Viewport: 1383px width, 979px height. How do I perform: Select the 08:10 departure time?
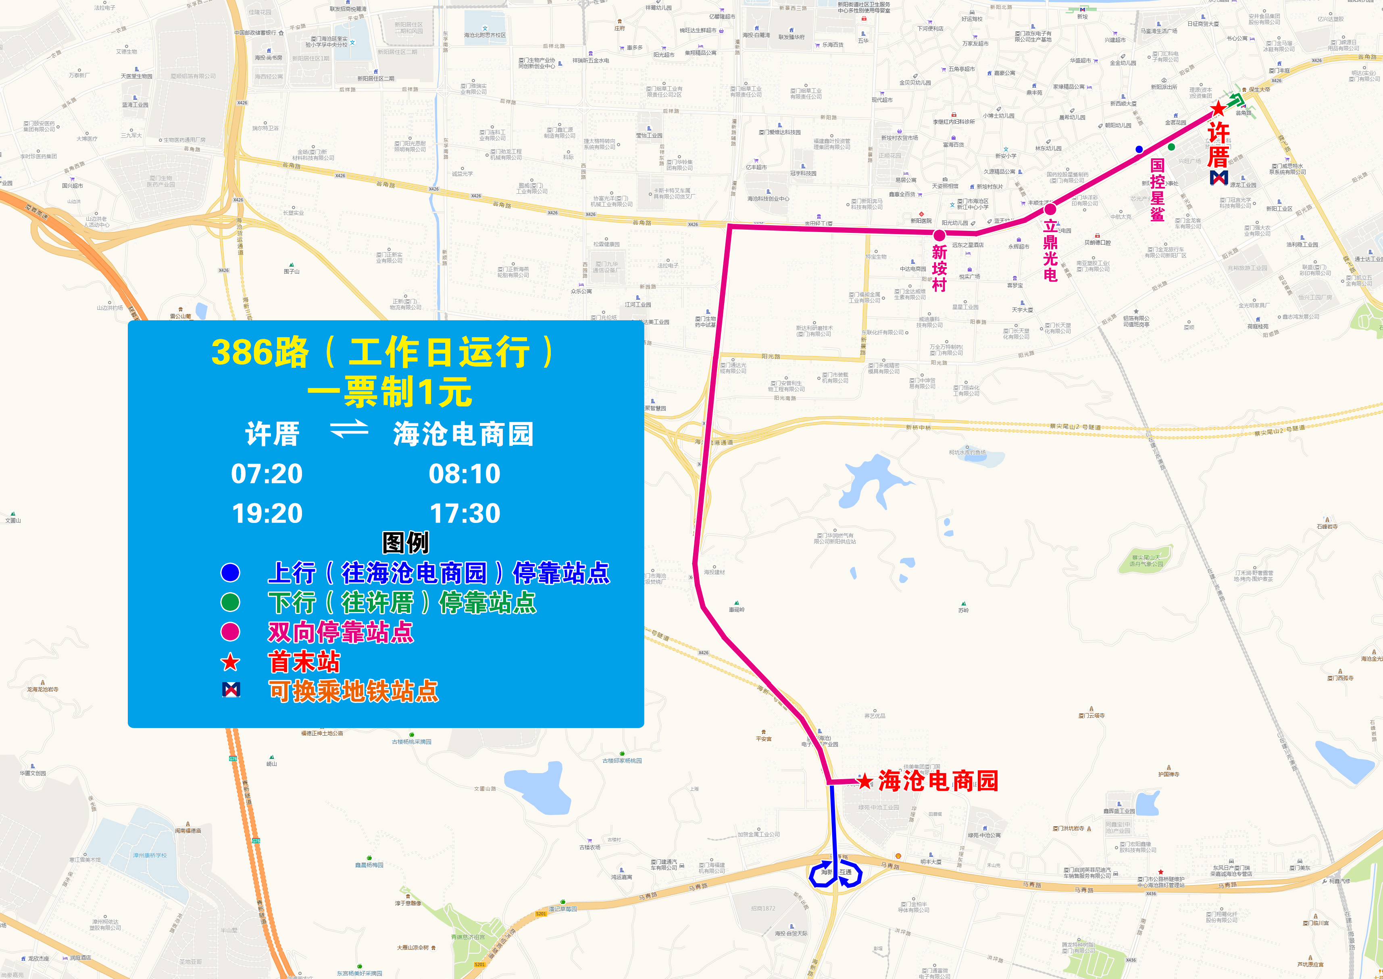pyautogui.click(x=464, y=474)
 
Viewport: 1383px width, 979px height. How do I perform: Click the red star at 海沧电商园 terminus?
pyautogui.click(x=865, y=781)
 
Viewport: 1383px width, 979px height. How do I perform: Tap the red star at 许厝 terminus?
pyautogui.click(x=1218, y=108)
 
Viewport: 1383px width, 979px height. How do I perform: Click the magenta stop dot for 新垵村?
pyautogui.click(x=939, y=235)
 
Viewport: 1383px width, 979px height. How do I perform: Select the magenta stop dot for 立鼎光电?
pyautogui.click(x=1050, y=209)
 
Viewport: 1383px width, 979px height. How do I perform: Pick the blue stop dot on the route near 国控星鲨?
pyautogui.click(x=1139, y=149)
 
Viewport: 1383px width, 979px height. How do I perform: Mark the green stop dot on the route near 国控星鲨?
pyautogui.click(x=1171, y=147)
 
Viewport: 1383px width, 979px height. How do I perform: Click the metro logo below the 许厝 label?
pyautogui.click(x=1219, y=177)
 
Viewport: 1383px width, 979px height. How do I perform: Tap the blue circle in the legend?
pyautogui.click(x=230, y=572)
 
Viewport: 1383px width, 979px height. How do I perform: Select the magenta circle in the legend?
pyautogui.click(x=230, y=631)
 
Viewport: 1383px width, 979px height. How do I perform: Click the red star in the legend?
pyautogui.click(x=230, y=662)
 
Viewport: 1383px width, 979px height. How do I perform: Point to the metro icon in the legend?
pyautogui.click(x=231, y=690)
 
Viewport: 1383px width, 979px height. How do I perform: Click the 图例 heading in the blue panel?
pyautogui.click(x=405, y=543)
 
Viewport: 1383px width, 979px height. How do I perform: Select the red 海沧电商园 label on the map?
pyautogui.click(x=938, y=781)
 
